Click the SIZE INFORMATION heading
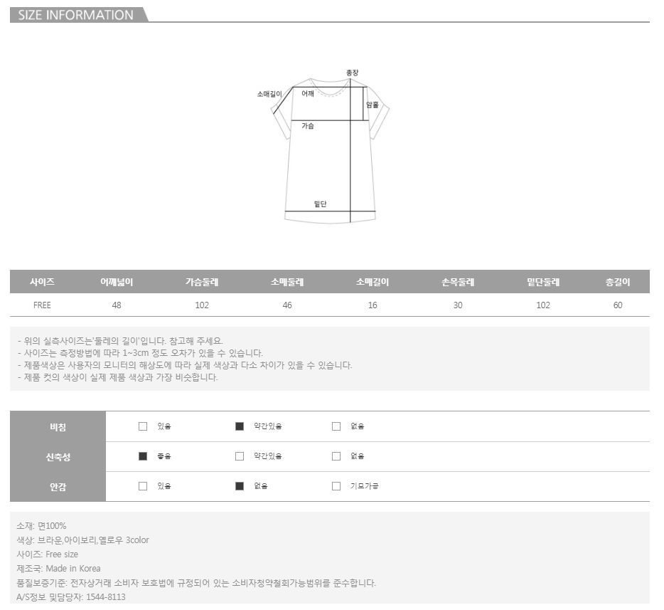pyautogui.click(x=76, y=15)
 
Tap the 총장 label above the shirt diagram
pyautogui.click(x=352, y=73)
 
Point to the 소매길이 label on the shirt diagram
pyautogui.click(x=269, y=94)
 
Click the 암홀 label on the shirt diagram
pyautogui.click(x=373, y=105)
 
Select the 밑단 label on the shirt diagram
pyautogui.click(x=320, y=204)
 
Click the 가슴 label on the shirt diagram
pyautogui.click(x=308, y=126)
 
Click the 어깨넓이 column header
pyautogui.click(x=117, y=282)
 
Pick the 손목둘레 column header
pyautogui.click(x=458, y=282)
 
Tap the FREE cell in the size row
pyautogui.click(x=42, y=305)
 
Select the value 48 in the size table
pyautogui.click(x=117, y=305)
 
